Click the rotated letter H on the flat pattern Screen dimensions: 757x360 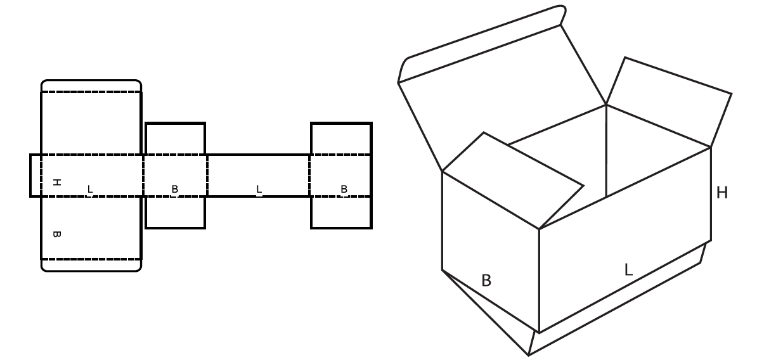56,183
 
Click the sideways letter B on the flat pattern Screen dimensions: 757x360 56,235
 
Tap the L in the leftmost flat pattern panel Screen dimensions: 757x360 90,189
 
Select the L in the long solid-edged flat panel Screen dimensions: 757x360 259,189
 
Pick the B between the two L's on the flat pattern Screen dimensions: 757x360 175,189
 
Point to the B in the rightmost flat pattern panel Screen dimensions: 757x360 344,189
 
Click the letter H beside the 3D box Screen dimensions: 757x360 721,193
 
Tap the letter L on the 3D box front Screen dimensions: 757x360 628,269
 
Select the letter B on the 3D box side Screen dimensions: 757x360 486,280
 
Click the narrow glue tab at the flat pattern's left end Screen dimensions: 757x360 36,176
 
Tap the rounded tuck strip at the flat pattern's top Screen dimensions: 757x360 91,86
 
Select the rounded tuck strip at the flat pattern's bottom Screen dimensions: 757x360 91,266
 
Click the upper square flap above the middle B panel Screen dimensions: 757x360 175,139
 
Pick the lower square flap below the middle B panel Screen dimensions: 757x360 175,212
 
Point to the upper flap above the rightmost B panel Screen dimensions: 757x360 341,139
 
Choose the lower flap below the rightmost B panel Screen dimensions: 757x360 341,212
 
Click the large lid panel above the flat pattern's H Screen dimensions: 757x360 91,123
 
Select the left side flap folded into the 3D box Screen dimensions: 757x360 513,181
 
